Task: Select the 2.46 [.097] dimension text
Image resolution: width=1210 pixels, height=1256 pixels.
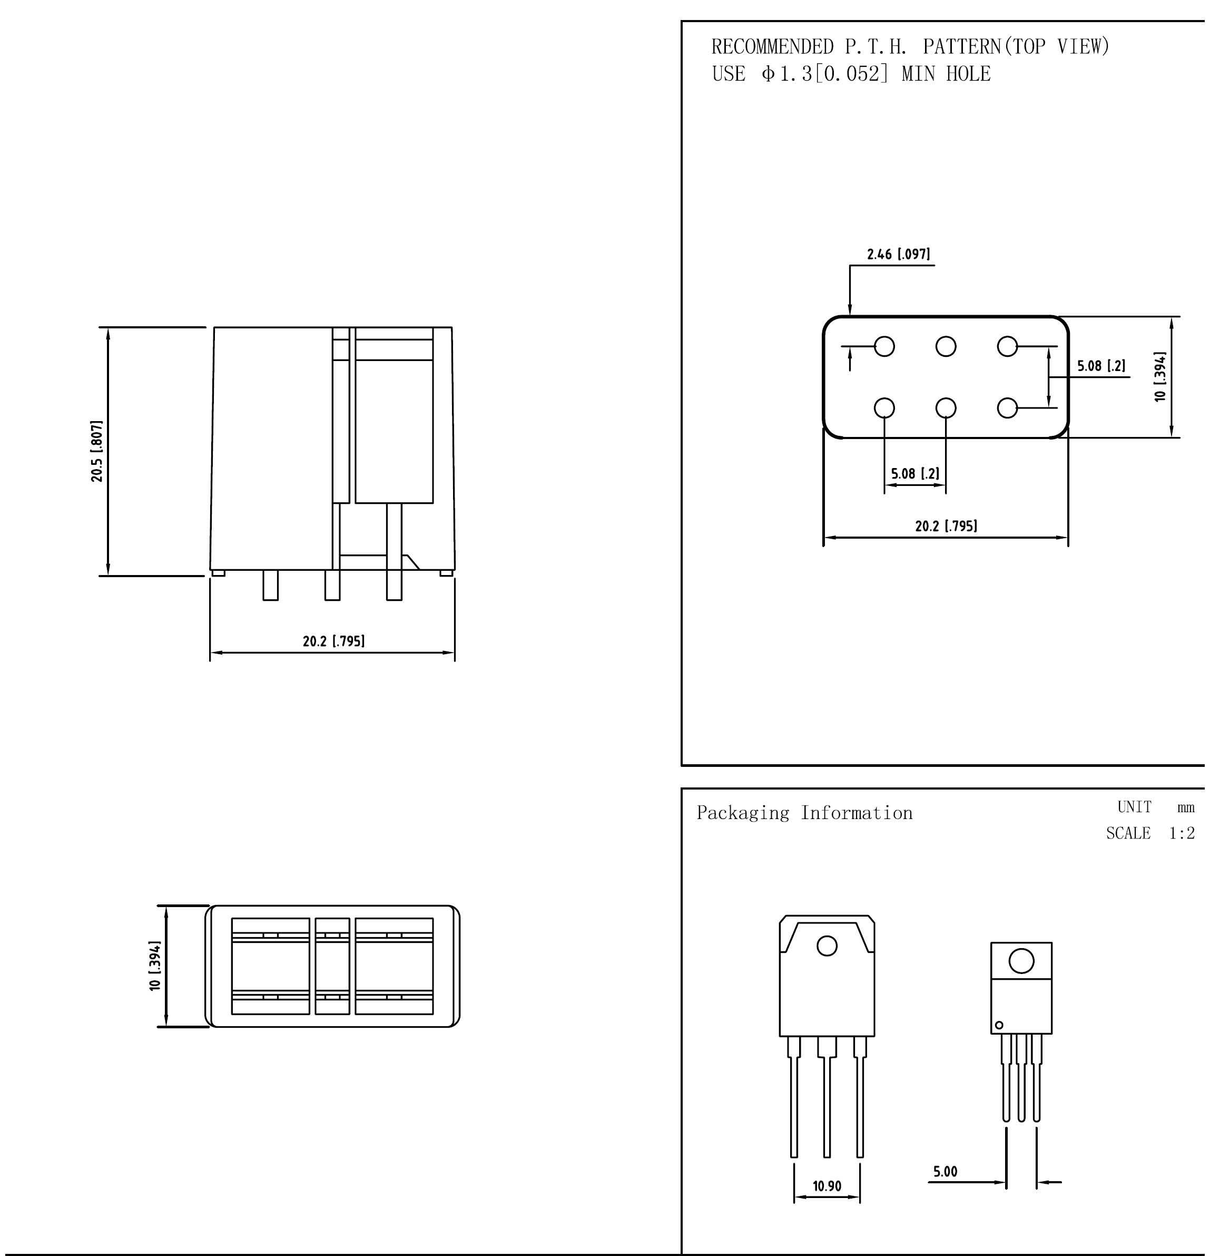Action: point(898,255)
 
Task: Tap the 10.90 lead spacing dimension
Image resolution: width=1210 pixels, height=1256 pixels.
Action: point(827,1186)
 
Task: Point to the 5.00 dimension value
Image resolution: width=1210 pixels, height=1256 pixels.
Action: point(946,1172)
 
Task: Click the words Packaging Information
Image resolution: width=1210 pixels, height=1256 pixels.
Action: point(804,813)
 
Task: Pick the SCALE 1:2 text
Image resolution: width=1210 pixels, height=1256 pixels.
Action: point(1150,833)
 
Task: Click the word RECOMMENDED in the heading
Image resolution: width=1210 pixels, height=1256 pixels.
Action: point(772,47)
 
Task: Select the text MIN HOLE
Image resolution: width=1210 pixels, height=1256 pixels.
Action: point(946,74)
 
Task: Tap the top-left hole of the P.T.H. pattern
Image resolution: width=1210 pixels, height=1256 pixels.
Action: point(884,347)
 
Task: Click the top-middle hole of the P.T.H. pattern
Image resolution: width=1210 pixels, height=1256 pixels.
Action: point(946,347)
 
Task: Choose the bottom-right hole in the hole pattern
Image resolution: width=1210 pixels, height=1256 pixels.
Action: point(1008,407)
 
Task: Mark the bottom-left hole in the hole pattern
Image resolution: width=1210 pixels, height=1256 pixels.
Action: point(884,407)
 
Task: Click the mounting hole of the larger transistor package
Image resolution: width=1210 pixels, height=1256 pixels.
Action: point(827,946)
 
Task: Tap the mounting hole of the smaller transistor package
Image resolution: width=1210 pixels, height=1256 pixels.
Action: point(1021,961)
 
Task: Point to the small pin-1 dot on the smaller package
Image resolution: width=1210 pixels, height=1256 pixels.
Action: point(999,1025)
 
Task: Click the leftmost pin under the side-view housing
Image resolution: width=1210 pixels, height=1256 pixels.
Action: point(270,585)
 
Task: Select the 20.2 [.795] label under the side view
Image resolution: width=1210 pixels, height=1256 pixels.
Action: point(334,641)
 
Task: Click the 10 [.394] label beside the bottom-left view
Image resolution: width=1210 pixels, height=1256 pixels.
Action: point(155,966)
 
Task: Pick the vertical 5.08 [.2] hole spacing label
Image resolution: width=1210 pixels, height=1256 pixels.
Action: point(1101,366)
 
